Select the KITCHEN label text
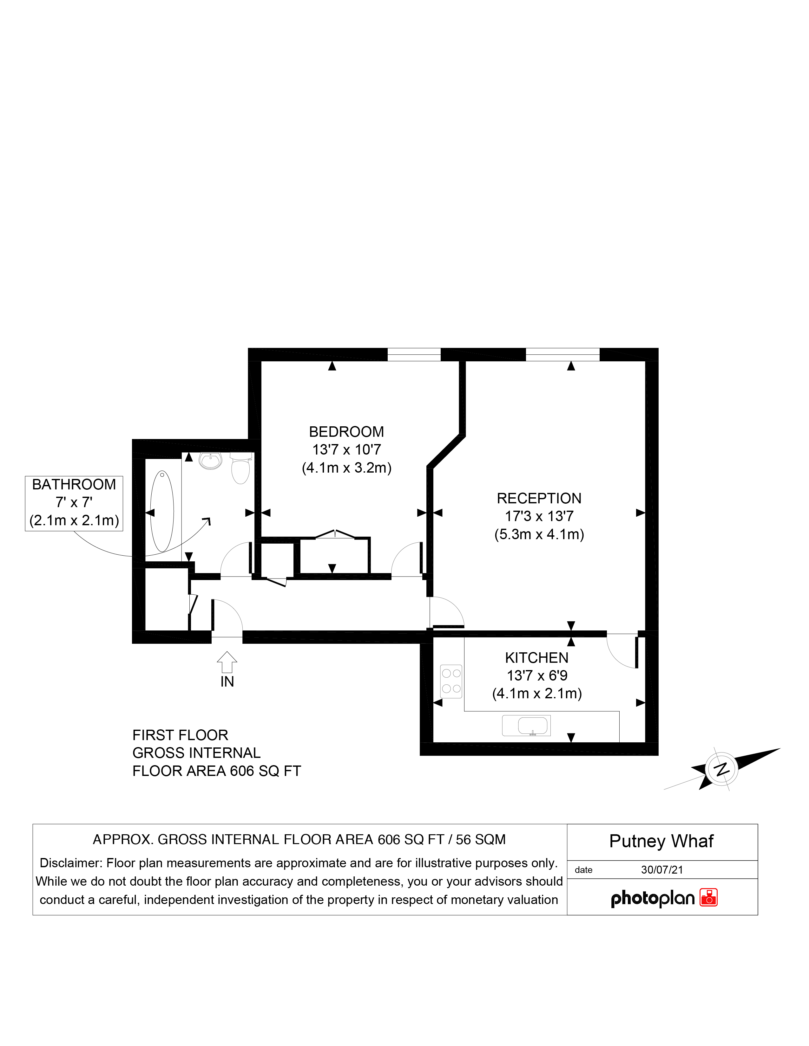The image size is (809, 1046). pos(537,658)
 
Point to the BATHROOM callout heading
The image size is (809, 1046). pos(74,484)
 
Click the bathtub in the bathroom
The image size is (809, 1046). pos(162,512)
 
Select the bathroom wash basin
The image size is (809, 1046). pos(210,460)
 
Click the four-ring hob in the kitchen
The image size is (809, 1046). pos(451,681)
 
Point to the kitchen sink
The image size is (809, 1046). pos(526,726)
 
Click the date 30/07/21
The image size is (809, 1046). pos(662,870)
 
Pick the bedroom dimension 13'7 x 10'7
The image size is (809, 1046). pos(346,450)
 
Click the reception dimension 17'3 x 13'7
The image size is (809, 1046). pos(539,516)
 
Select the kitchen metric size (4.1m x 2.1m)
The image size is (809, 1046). pos(537,694)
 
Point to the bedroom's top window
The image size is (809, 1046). pos(414,354)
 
